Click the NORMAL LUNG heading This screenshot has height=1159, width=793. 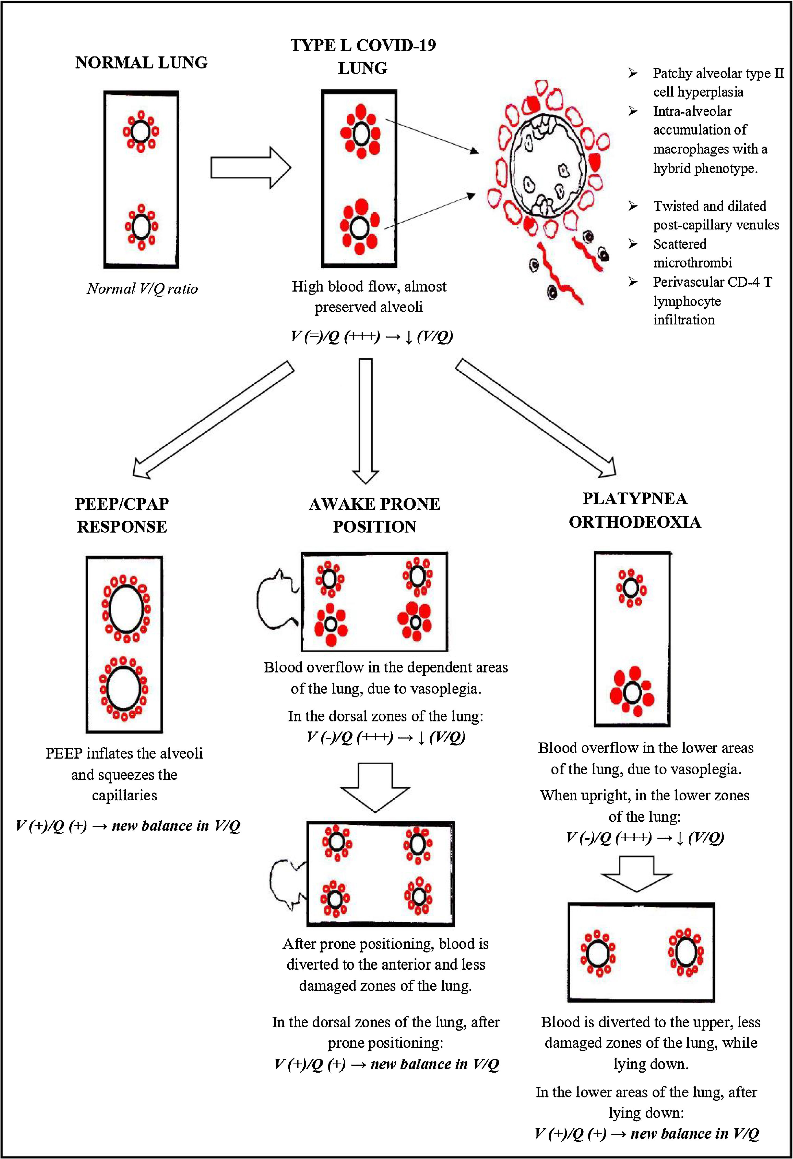tap(141, 63)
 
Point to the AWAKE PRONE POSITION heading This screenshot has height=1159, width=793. tap(374, 515)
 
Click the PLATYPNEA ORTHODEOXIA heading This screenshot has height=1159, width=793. tap(635, 510)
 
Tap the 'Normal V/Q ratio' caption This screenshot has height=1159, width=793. tap(142, 289)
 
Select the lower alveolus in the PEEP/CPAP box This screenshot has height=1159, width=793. tap(124, 688)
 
